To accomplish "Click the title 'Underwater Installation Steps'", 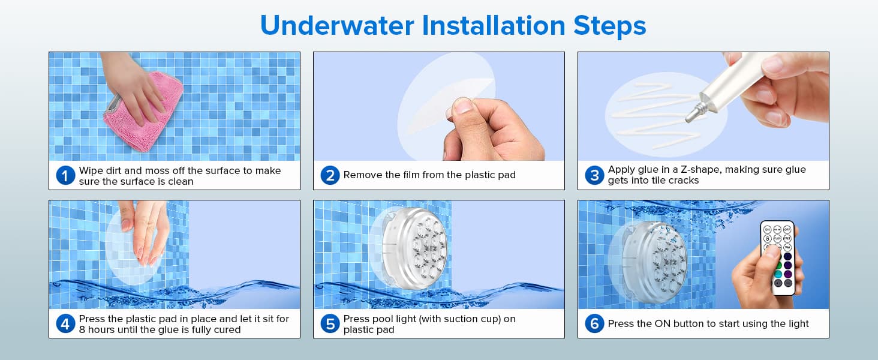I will (x=453, y=26).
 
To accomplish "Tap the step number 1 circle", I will (x=65, y=176).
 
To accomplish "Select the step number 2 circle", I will (x=330, y=176).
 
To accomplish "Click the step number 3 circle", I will (x=594, y=176).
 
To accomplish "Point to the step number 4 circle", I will (x=65, y=324).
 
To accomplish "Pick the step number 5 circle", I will (x=330, y=324).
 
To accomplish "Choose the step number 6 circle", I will (x=594, y=324).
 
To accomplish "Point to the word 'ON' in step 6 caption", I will (x=661, y=324).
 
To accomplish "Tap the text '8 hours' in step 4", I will (x=98, y=330).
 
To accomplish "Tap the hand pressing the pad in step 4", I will (x=143, y=231).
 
